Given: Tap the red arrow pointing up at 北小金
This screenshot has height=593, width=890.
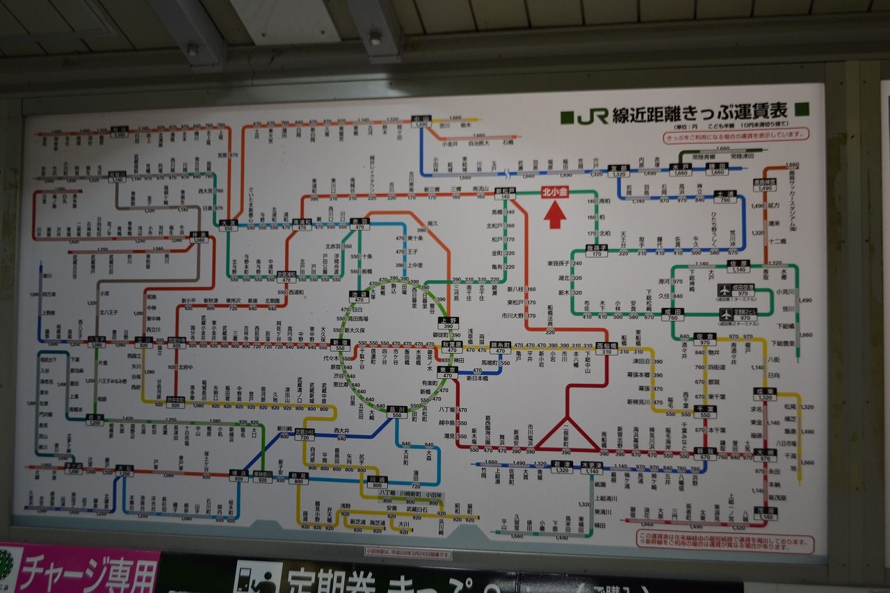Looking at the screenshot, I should [554, 216].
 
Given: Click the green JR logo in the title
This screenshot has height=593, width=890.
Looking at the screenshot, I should [592, 115].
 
